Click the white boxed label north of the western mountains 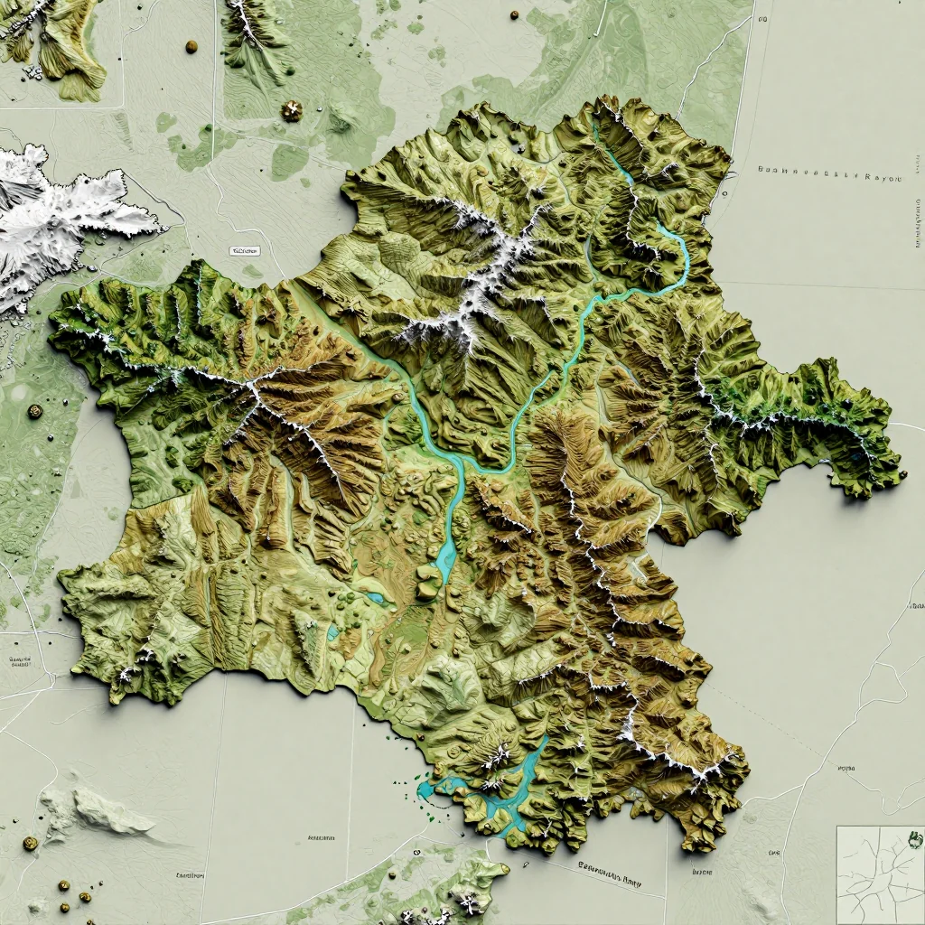click(245, 251)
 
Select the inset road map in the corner click(879, 874)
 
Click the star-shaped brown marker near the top click(292, 111)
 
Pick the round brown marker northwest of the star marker click(191, 46)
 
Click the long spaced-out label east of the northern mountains click(829, 177)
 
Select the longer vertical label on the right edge click(918, 221)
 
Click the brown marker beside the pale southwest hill click(30, 843)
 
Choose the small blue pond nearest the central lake click(375, 597)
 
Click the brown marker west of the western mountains click(34, 411)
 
